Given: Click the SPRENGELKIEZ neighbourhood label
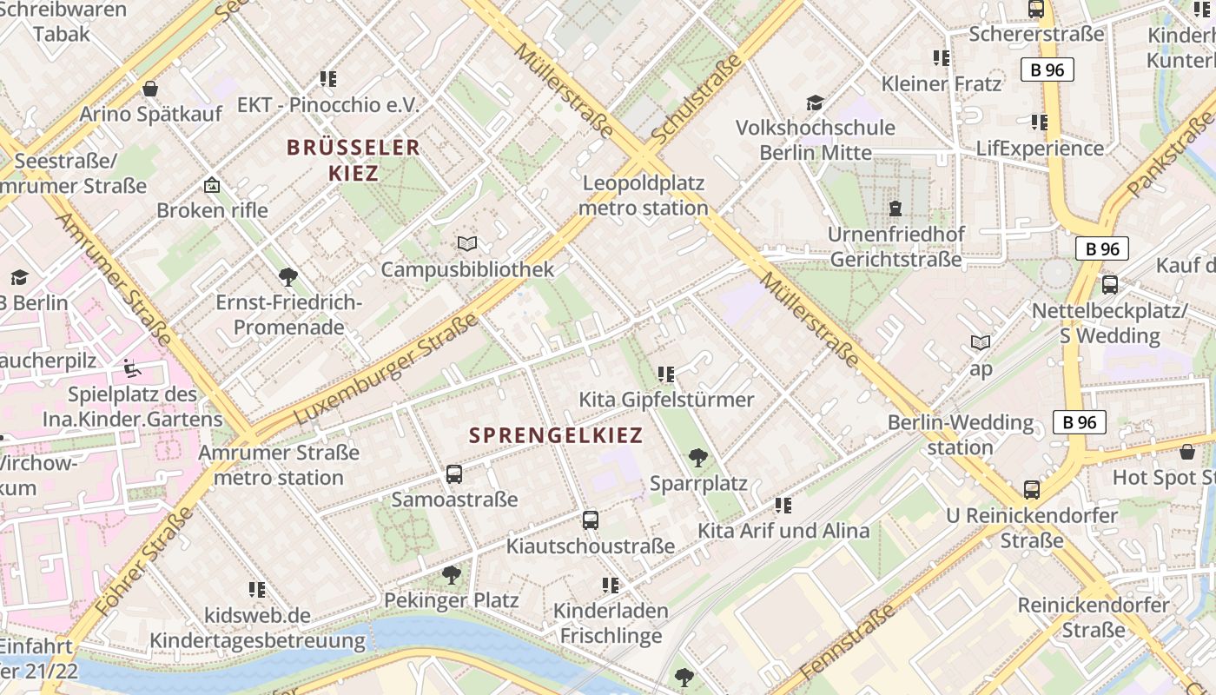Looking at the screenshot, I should pos(556,435).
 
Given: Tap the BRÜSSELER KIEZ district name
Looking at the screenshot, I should pos(354,160).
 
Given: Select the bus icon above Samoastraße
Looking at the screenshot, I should pos(454,474).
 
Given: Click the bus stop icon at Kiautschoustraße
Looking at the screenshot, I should pos(591,520).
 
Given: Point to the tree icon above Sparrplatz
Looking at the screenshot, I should pos(697,457).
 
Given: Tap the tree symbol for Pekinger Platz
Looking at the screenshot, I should pos(451,574).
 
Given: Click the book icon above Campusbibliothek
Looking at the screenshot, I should pos(467,244).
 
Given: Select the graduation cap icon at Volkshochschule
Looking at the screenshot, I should pos(815,103).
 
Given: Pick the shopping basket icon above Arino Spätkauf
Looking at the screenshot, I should pos(150,89).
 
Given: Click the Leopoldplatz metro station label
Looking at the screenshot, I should pos(644,195).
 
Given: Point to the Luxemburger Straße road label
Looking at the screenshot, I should pos(387,370).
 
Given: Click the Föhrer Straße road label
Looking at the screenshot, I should pos(144,562).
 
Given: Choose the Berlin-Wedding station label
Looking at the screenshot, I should pos(961,434).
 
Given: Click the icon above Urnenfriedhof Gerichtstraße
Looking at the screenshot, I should pos(895,208).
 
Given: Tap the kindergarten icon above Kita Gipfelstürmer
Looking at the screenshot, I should pos(666,374).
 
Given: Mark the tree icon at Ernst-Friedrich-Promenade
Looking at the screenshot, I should pos(288,277).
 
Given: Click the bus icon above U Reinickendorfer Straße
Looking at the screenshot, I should pos(1031,490).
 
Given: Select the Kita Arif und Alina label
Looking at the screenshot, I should pos(783,531).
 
